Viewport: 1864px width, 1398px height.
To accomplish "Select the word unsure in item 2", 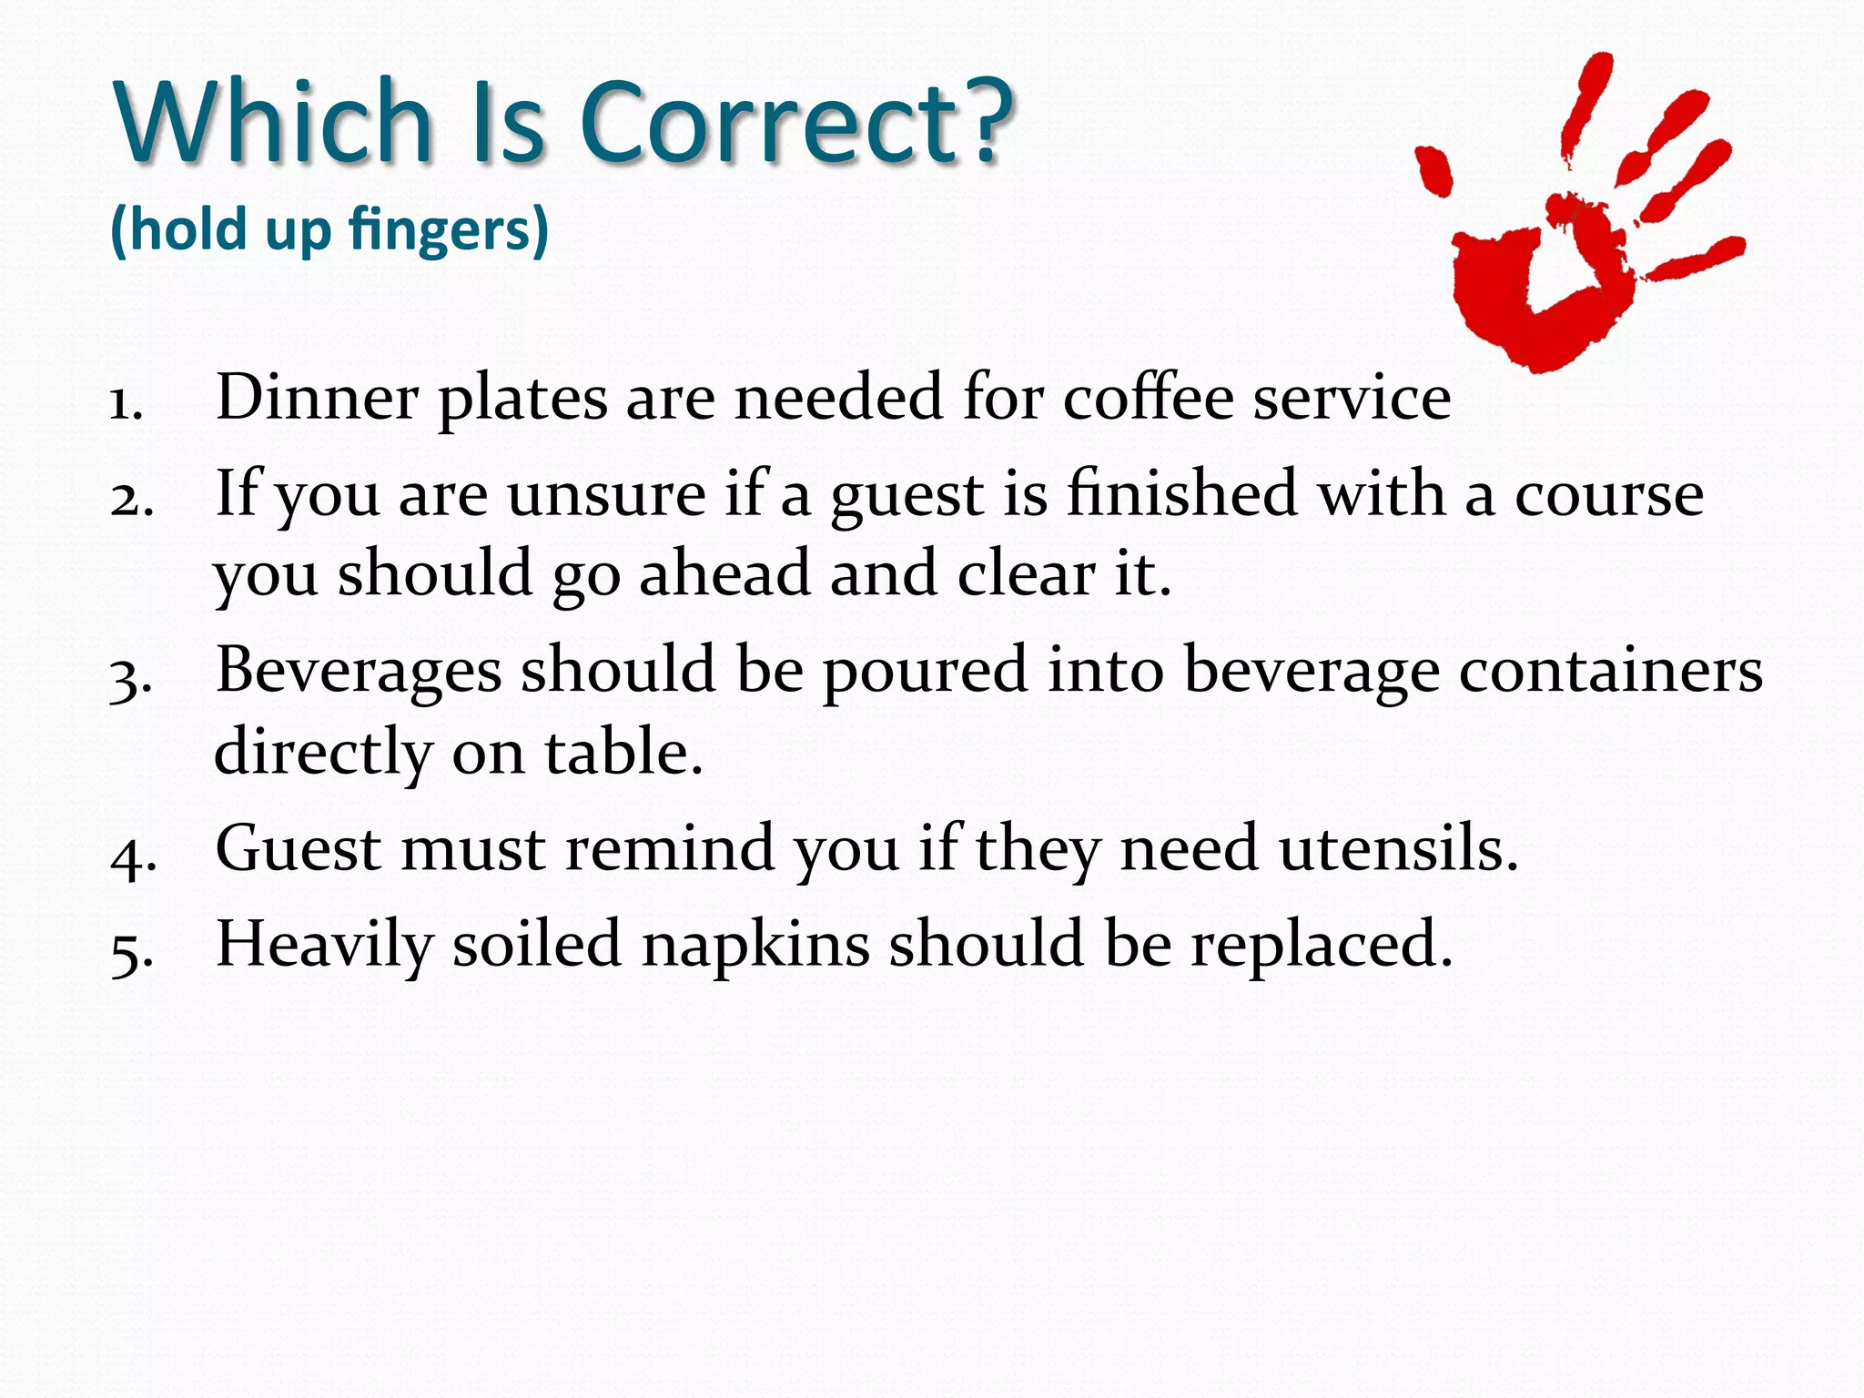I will click(606, 494).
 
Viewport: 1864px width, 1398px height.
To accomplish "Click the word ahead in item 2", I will click(724, 574).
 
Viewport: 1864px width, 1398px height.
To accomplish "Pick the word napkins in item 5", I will click(755, 946).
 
